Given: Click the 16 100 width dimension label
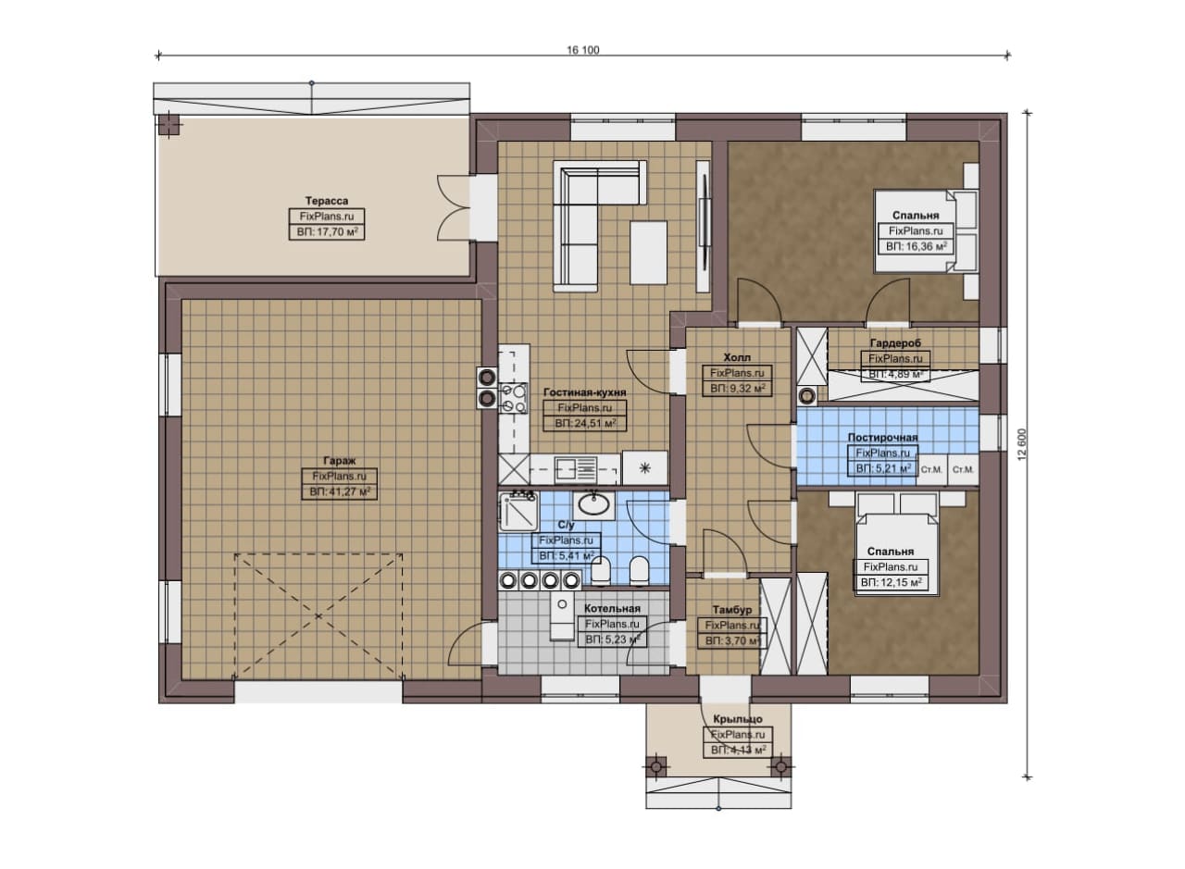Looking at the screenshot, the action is coord(583,50).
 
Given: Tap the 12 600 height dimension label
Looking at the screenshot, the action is coord(1021,444).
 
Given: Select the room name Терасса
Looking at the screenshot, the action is coord(327,201).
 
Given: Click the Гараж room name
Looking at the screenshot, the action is coord(340,460).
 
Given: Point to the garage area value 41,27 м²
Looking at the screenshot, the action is coord(340,492).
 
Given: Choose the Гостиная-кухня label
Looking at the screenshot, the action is coord(584,392).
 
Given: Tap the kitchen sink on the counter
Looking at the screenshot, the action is coord(576,469).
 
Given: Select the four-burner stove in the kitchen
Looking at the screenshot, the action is coord(514,398).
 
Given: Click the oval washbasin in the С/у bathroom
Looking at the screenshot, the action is coord(593,504).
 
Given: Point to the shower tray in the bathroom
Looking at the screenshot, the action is coord(518,511).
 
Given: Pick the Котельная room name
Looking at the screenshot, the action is coord(612,609).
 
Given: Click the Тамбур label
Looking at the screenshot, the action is coord(731,610).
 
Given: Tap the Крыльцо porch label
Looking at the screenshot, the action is coord(738,719).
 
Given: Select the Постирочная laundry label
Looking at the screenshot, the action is coord(882,438).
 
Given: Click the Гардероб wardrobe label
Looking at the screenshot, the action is coord(895,342).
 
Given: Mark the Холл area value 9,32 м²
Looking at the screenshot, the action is coord(737,389).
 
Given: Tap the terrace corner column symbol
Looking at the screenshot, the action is coord(168,126).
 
